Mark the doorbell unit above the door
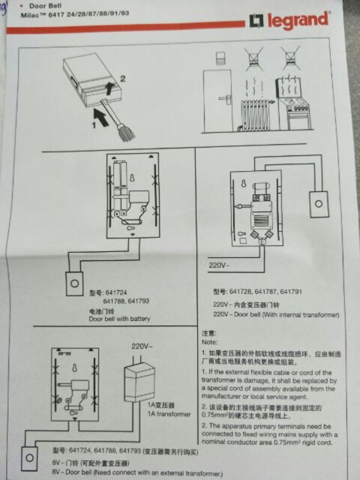(x=221, y=58)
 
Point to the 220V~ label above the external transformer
(x=142, y=347)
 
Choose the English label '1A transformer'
(x=168, y=414)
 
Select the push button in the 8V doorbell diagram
(x=31, y=454)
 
